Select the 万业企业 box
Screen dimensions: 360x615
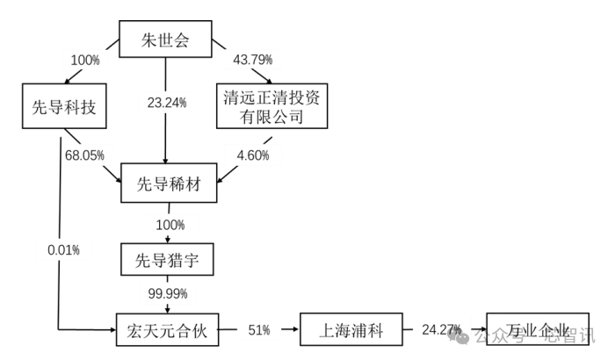tap(538, 333)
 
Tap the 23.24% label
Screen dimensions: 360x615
tap(166, 103)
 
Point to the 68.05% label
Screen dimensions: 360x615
tap(85, 155)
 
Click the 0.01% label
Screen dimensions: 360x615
tap(63, 250)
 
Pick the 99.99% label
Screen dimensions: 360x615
tap(166, 293)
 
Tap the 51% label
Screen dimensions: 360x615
tap(258, 330)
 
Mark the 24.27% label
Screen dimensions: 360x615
tap(440, 330)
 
